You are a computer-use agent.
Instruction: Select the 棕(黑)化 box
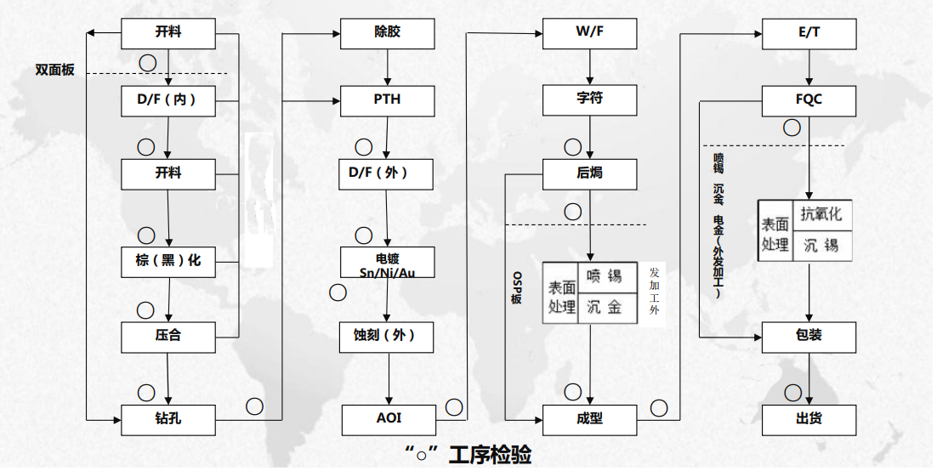(168, 261)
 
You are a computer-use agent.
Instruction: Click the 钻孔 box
(168, 419)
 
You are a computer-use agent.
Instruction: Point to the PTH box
(387, 100)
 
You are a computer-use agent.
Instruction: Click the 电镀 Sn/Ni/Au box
(387, 264)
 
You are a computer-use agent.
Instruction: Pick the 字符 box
(589, 100)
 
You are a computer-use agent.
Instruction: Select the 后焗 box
(589, 174)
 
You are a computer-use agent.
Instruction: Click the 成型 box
(589, 419)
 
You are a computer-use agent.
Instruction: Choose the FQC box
(809, 100)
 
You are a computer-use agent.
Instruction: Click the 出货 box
(809, 419)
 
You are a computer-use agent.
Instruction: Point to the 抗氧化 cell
(822, 214)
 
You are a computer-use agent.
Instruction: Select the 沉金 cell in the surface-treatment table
(605, 307)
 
